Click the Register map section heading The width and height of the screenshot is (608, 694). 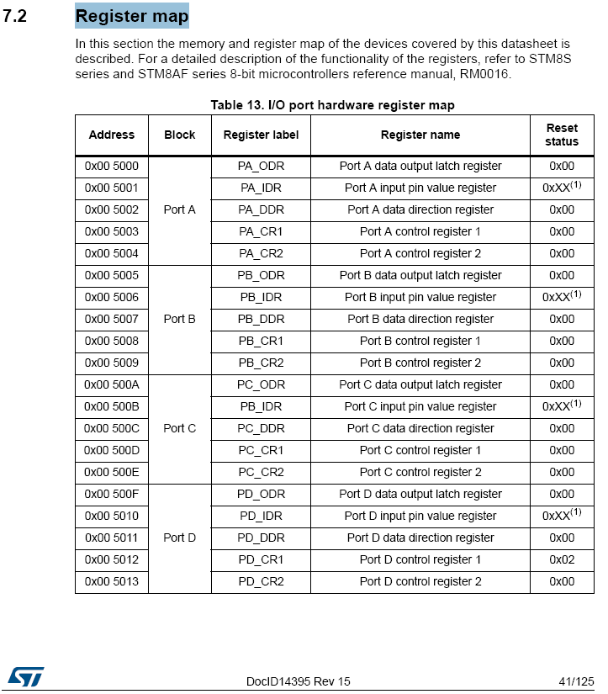point(132,16)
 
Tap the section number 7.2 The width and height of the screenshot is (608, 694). point(15,17)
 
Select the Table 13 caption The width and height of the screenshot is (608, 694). point(332,105)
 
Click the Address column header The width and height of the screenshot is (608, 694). point(111,135)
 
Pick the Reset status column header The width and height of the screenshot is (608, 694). point(562,135)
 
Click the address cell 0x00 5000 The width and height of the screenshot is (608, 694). point(111,166)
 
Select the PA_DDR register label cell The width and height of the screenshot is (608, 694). point(261,209)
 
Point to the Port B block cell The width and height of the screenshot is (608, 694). point(179,319)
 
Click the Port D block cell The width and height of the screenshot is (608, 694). point(179,538)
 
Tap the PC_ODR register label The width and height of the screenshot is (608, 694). point(261,384)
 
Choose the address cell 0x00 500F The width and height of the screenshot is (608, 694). point(111,494)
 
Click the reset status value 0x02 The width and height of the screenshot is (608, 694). point(562,559)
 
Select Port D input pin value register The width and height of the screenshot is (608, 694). point(420,516)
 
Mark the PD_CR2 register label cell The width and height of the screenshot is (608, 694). point(261,581)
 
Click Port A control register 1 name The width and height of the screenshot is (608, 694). point(420,231)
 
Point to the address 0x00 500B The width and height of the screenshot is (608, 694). point(111,406)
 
